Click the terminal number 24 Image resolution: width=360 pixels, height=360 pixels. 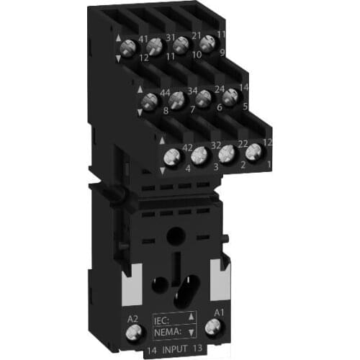tap(220, 89)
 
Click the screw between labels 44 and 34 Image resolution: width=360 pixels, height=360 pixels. tap(178, 99)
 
